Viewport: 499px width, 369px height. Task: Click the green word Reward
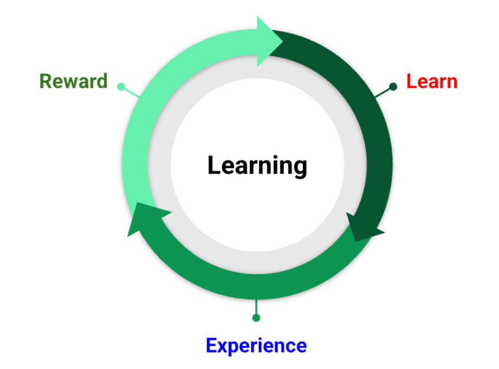coord(73,81)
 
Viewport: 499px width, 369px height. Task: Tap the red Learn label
coord(432,81)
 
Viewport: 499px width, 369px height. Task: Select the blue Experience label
coord(256,345)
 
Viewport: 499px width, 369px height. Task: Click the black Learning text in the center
coord(257,165)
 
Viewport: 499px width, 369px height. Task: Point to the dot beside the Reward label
coord(121,87)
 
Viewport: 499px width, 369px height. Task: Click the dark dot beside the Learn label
coord(394,87)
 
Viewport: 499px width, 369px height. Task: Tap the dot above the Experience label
coord(256,318)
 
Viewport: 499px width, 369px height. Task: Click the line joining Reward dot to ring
coord(132,92)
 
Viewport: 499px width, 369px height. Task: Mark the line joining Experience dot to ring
coord(256,308)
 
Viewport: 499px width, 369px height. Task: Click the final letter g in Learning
coord(300,167)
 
